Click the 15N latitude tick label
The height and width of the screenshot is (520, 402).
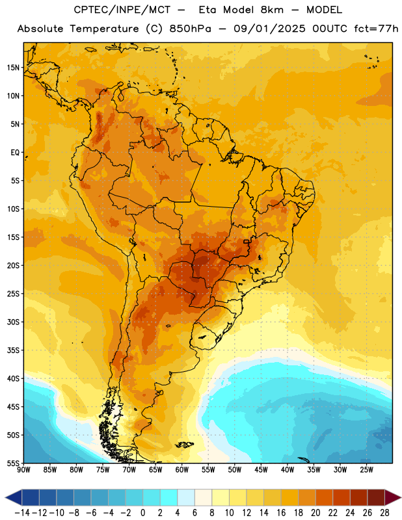[13, 68]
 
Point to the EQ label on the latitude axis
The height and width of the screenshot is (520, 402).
[15, 153]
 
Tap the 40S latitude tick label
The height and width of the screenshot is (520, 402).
[13, 378]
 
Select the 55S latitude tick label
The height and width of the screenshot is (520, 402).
[13, 463]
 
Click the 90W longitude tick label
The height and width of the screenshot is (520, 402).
[23, 469]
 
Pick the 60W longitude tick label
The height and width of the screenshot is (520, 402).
[181, 469]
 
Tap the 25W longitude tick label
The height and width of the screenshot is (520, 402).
[366, 469]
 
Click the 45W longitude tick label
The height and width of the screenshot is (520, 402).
[261, 469]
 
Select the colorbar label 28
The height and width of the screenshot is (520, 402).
[384, 513]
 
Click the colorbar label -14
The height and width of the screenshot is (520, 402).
[22, 513]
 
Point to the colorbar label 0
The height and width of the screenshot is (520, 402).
[142, 513]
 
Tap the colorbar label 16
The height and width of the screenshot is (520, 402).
[281, 513]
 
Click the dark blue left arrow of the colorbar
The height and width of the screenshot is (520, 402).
[14, 497]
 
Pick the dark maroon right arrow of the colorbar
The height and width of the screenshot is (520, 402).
[393, 497]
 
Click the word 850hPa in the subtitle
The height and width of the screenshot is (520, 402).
[190, 29]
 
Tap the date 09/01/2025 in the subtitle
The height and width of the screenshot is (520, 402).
[269, 29]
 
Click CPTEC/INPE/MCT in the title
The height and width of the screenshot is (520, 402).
[122, 10]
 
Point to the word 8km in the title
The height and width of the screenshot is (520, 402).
[272, 10]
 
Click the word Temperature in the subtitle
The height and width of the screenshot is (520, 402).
[104, 29]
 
